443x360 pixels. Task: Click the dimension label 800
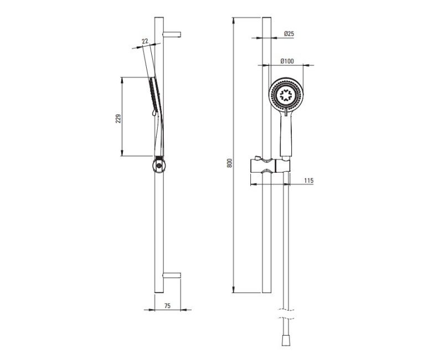coord(230,162)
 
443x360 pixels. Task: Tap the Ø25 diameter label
coord(289,34)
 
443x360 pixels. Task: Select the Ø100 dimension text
coord(287,61)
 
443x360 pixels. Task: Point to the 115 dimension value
coord(309,181)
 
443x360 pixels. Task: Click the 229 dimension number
coord(119,119)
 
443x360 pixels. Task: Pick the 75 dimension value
coord(167,306)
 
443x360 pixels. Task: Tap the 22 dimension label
coord(145,42)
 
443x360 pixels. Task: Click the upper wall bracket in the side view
coord(172,34)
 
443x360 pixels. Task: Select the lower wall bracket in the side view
coord(172,275)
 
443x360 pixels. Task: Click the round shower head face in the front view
coord(286,95)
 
